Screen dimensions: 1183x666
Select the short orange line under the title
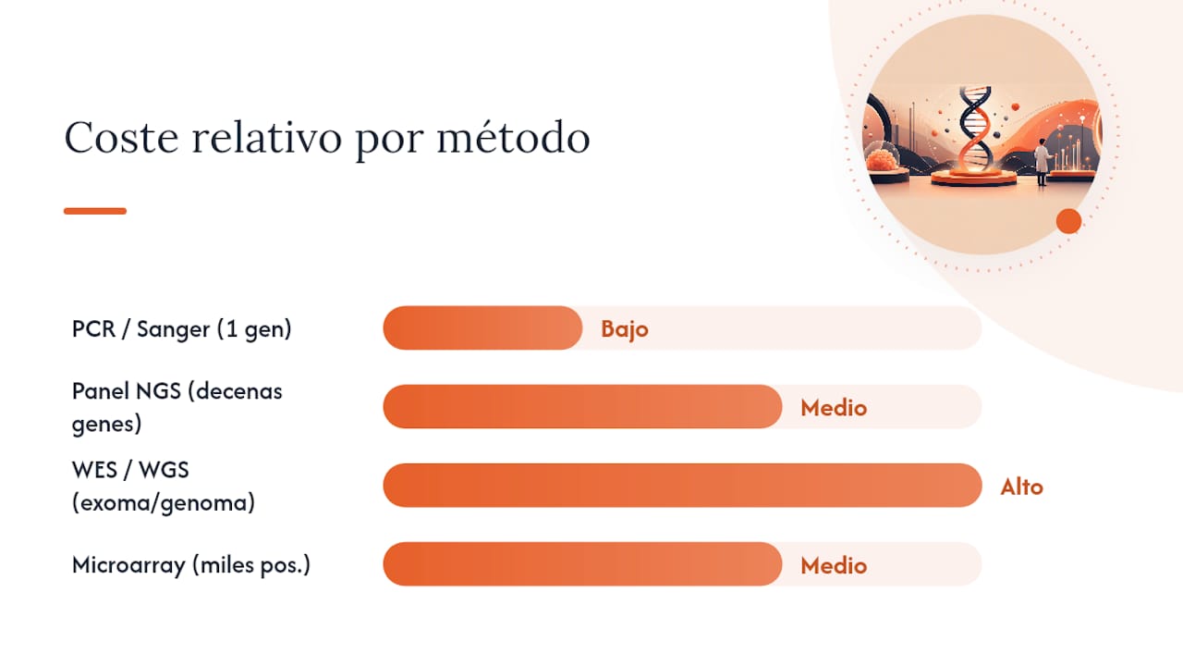(95, 211)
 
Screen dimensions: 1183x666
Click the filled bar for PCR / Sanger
(482, 327)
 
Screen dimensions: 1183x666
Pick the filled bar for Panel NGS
(582, 406)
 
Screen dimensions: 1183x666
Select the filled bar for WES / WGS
(682, 486)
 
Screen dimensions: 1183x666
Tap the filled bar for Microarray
(582, 564)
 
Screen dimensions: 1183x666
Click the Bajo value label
(625, 329)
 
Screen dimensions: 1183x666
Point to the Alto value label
(1022, 487)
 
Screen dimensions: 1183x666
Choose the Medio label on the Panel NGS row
(834, 408)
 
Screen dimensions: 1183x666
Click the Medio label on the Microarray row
(834, 566)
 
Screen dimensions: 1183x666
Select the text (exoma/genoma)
(164, 502)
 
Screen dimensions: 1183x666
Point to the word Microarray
(128, 565)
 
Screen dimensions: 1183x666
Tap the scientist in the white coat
(1042, 162)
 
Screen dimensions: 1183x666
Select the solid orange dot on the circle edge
(1069, 221)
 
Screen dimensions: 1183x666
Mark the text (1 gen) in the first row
(254, 329)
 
